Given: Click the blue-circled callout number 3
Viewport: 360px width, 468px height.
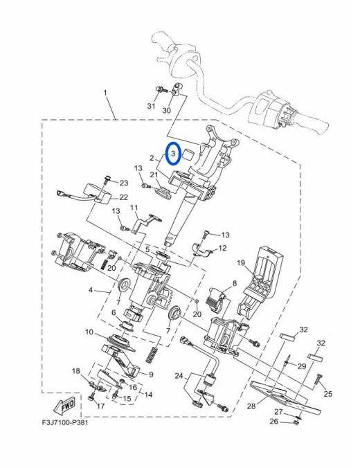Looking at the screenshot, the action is pyautogui.click(x=173, y=154).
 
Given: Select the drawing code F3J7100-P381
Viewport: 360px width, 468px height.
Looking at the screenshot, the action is pyautogui.click(x=65, y=423).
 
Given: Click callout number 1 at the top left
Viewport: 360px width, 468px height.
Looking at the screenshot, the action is pyautogui.click(x=105, y=93).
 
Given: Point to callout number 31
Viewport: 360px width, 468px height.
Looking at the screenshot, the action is pyautogui.click(x=152, y=106).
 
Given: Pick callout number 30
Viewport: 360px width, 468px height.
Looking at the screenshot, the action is pyautogui.click(x=167, y=110).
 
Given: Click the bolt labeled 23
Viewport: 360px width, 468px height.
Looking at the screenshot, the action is pyautogui.click(x=107, y=181).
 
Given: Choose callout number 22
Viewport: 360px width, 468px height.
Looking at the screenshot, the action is pyautogui.click(x=124, y=197).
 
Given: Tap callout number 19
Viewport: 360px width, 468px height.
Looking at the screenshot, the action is pyautogui.click(x=241, y=262).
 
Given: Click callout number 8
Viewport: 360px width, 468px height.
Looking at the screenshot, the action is pyautogui.click(x=235, y=283).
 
